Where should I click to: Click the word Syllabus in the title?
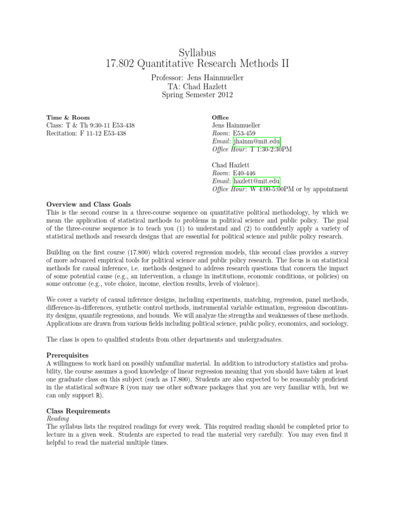197,53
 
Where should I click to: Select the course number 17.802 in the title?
120,64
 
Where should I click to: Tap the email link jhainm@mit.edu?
257,141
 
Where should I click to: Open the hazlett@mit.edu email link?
257,181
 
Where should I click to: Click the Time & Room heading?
68,118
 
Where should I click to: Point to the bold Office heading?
221,118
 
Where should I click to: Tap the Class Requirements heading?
78,411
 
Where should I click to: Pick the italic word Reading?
58,419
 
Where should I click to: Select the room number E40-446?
245,173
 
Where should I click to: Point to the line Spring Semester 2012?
197,95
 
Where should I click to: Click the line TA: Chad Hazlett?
197,86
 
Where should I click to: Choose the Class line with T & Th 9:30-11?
91,125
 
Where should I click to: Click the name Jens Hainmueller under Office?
236,125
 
